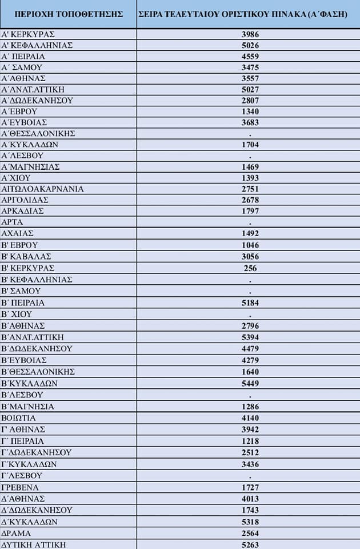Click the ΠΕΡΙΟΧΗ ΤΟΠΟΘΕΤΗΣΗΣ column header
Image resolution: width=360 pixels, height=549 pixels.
click(x=68, y=13)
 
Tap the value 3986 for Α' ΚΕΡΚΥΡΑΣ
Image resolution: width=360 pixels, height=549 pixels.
click(x=250, y=34)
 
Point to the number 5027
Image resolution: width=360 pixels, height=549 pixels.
click(x=250, y=89)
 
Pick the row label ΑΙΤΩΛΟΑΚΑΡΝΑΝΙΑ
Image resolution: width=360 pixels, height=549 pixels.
click(x=43, y=189)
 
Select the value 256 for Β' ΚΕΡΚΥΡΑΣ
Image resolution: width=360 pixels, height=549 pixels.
click(x=250, y=268)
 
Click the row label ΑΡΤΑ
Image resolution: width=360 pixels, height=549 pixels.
click(x=13, y=222)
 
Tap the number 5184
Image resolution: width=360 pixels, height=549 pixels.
click(x=250, y=303)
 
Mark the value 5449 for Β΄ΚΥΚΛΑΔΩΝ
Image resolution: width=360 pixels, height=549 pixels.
click(x=250, y=383)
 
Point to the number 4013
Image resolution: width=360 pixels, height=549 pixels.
click(x=250, y=499)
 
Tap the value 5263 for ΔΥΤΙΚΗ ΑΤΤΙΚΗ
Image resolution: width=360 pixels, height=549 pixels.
click(x=250, y=544)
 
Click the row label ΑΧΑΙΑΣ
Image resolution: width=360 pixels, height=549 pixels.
click(x=18, y=233)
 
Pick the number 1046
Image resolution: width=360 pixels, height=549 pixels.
click(x=250, y=245)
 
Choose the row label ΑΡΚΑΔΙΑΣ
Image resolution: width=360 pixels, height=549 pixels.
click(x=23, y=211)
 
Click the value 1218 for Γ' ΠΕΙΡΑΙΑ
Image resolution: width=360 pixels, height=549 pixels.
click(x=250, y=441)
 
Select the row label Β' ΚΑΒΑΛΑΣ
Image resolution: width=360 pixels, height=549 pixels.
click(x=27, y=256)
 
